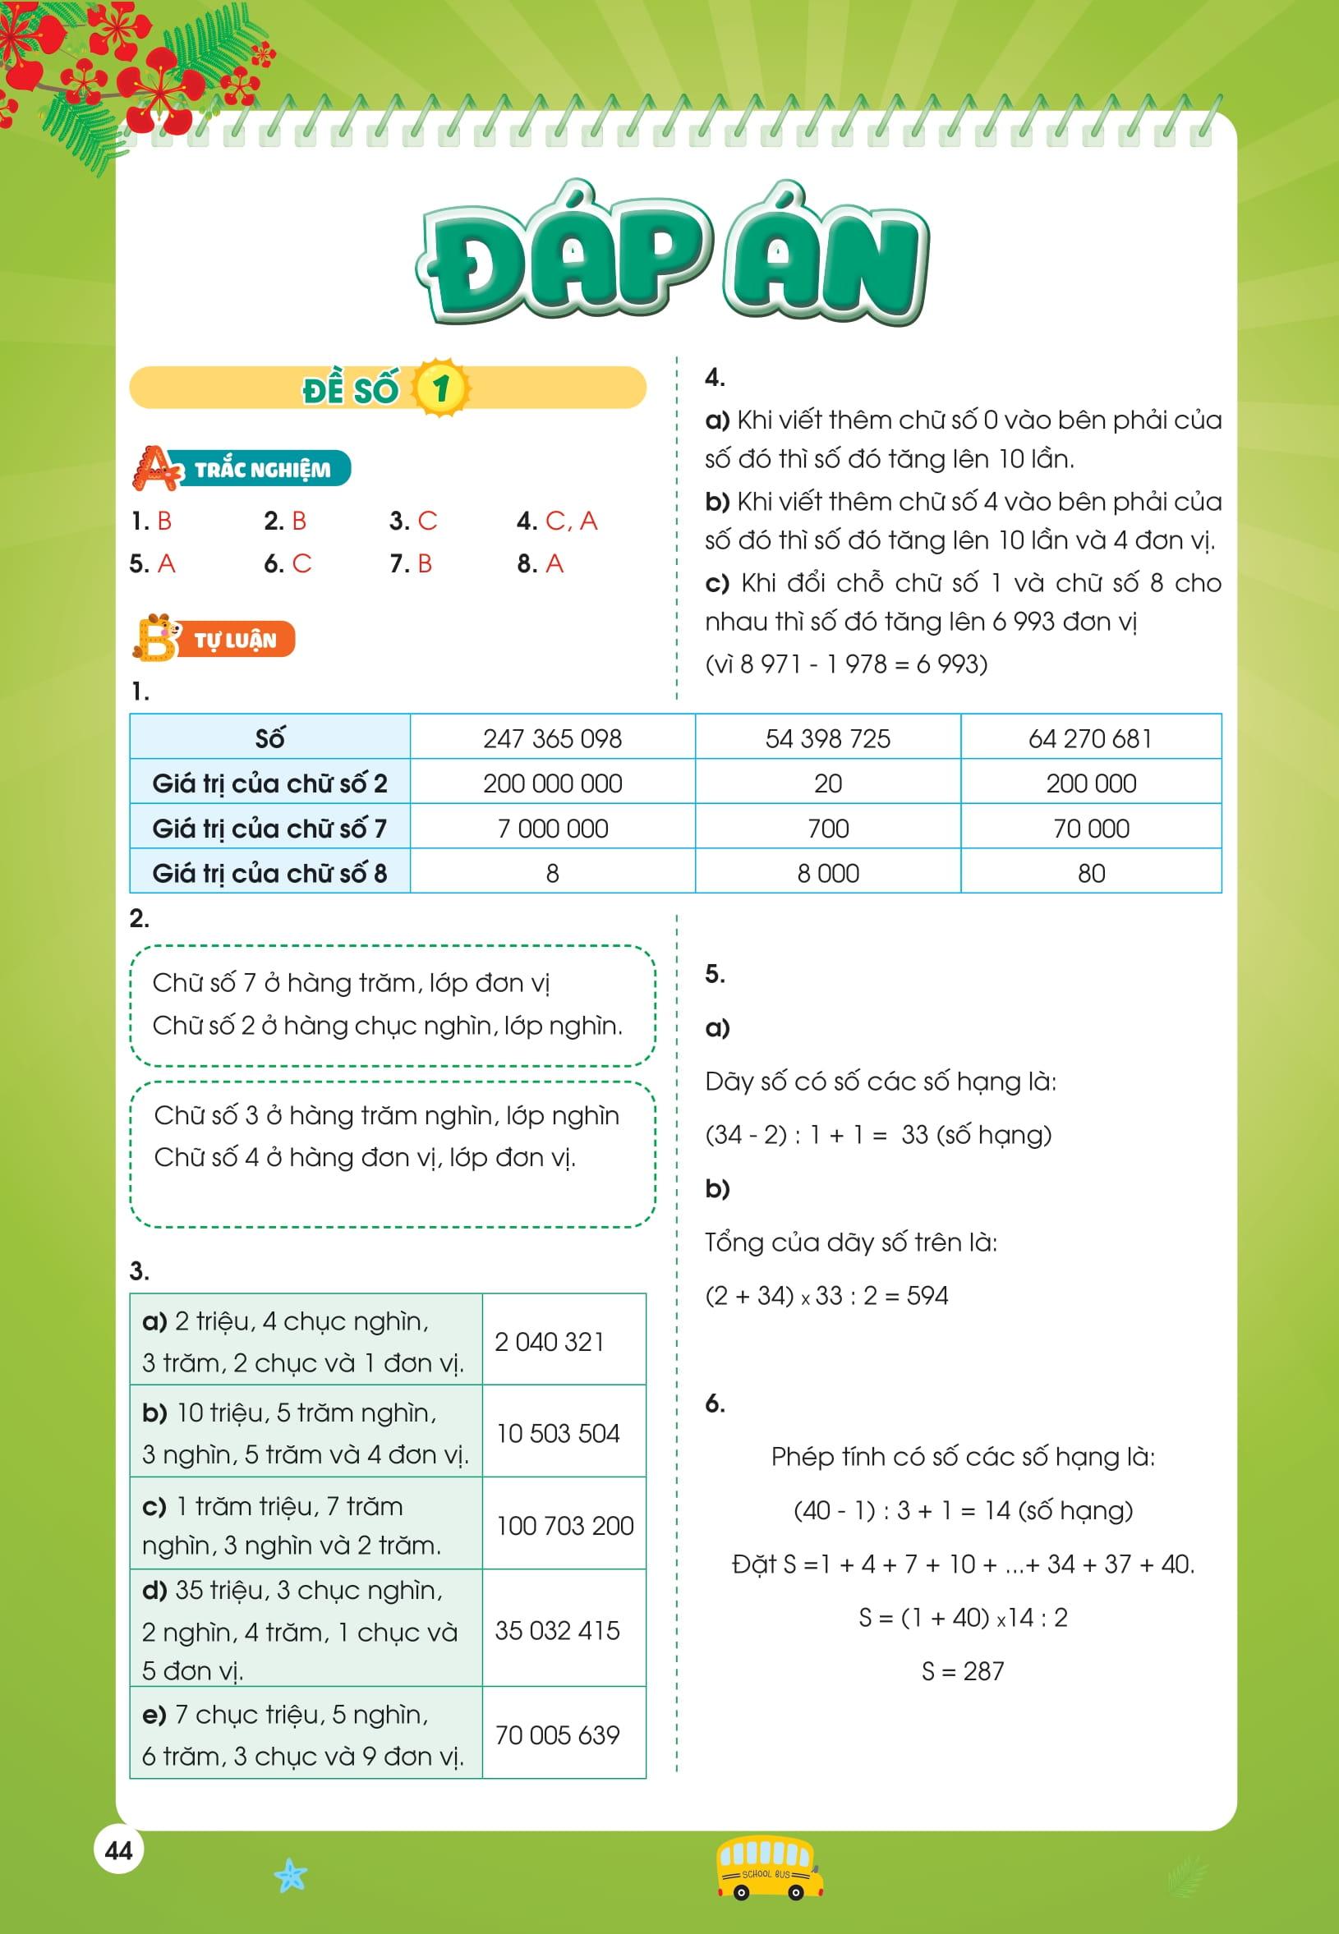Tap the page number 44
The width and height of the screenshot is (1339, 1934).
click(118, 1851)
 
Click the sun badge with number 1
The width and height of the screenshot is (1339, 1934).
click(441, 388)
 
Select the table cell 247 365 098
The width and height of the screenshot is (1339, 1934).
click(552, 738)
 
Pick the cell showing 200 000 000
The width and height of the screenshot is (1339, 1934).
click(552, 783)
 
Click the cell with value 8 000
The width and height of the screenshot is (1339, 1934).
click(827, 873)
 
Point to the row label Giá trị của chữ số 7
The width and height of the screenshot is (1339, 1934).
click(269, 829)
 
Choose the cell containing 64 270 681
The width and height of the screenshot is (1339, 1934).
click(1090, 738)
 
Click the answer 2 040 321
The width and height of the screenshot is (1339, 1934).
click(550, 1342)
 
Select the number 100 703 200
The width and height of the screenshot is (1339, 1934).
click(564, 1526)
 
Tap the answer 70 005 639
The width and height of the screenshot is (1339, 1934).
click(557, 1734)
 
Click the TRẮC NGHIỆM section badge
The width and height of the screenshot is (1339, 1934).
click(243, 469)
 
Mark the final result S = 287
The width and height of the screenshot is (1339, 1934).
click(962, 1671)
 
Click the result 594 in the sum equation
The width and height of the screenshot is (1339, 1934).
click(927, 1296)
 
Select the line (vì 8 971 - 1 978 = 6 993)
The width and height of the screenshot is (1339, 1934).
click(845, 664)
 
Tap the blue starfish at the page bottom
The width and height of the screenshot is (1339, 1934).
click(290, 1876)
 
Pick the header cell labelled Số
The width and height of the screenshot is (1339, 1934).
click(269, 738)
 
